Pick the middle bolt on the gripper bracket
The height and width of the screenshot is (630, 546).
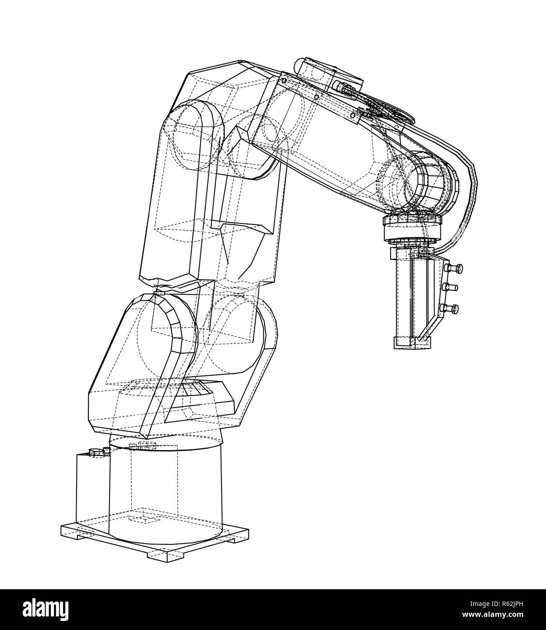click(452, 287)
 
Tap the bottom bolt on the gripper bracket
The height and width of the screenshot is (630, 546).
click(451, 309)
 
